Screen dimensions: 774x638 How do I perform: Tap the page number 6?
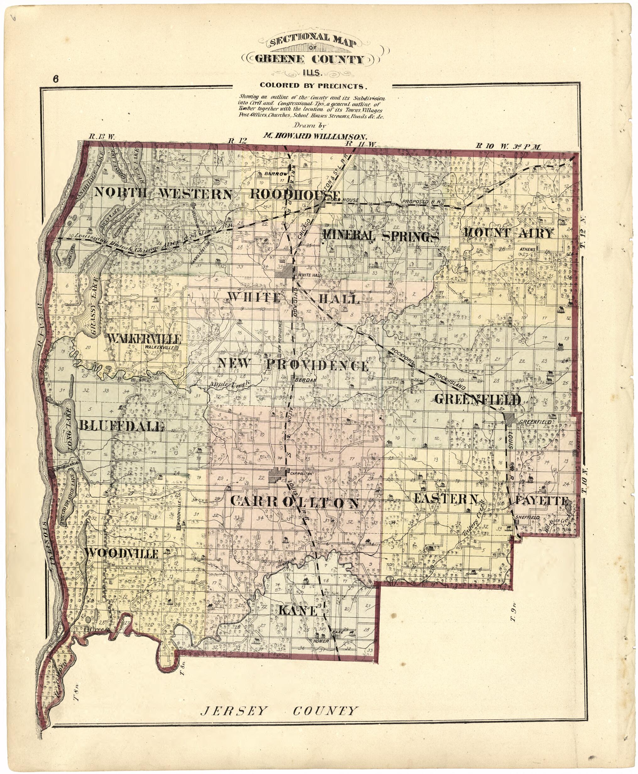56,79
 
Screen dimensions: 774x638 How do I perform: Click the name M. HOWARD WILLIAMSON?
315,135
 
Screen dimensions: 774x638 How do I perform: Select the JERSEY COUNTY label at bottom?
278,711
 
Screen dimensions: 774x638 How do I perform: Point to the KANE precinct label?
297,611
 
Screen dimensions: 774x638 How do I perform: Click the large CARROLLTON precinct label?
294,502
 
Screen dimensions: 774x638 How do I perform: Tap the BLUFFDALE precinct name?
121,426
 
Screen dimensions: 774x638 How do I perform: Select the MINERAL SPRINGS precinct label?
381,236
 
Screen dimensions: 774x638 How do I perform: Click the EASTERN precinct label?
446,499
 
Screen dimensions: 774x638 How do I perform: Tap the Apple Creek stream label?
230,384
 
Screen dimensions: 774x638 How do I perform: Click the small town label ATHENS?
527,250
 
